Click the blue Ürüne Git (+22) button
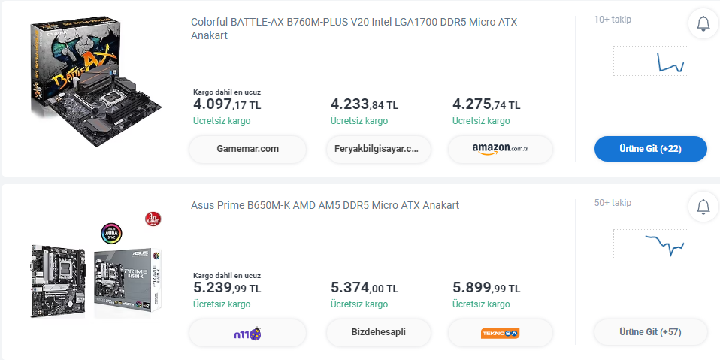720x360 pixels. point(650,149)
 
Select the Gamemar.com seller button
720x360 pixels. point(247,149)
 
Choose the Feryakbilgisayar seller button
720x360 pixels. point(377,149)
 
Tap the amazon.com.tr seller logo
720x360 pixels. point(501,149)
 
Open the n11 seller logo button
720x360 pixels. point(247,332)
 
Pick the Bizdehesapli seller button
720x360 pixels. point(378,332)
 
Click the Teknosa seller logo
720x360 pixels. point(501,332)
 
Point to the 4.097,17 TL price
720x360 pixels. point(227,104)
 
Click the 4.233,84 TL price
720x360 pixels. point(365,104)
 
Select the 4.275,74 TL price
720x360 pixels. point(486,104)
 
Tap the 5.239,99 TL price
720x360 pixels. point(227,287)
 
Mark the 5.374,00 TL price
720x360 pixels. point(365,287)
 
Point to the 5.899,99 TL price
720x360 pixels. point(486,287)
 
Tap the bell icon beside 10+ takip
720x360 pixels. point(703,23)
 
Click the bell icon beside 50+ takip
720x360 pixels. point(703,206)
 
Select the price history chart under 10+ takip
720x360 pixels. point(650,61)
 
